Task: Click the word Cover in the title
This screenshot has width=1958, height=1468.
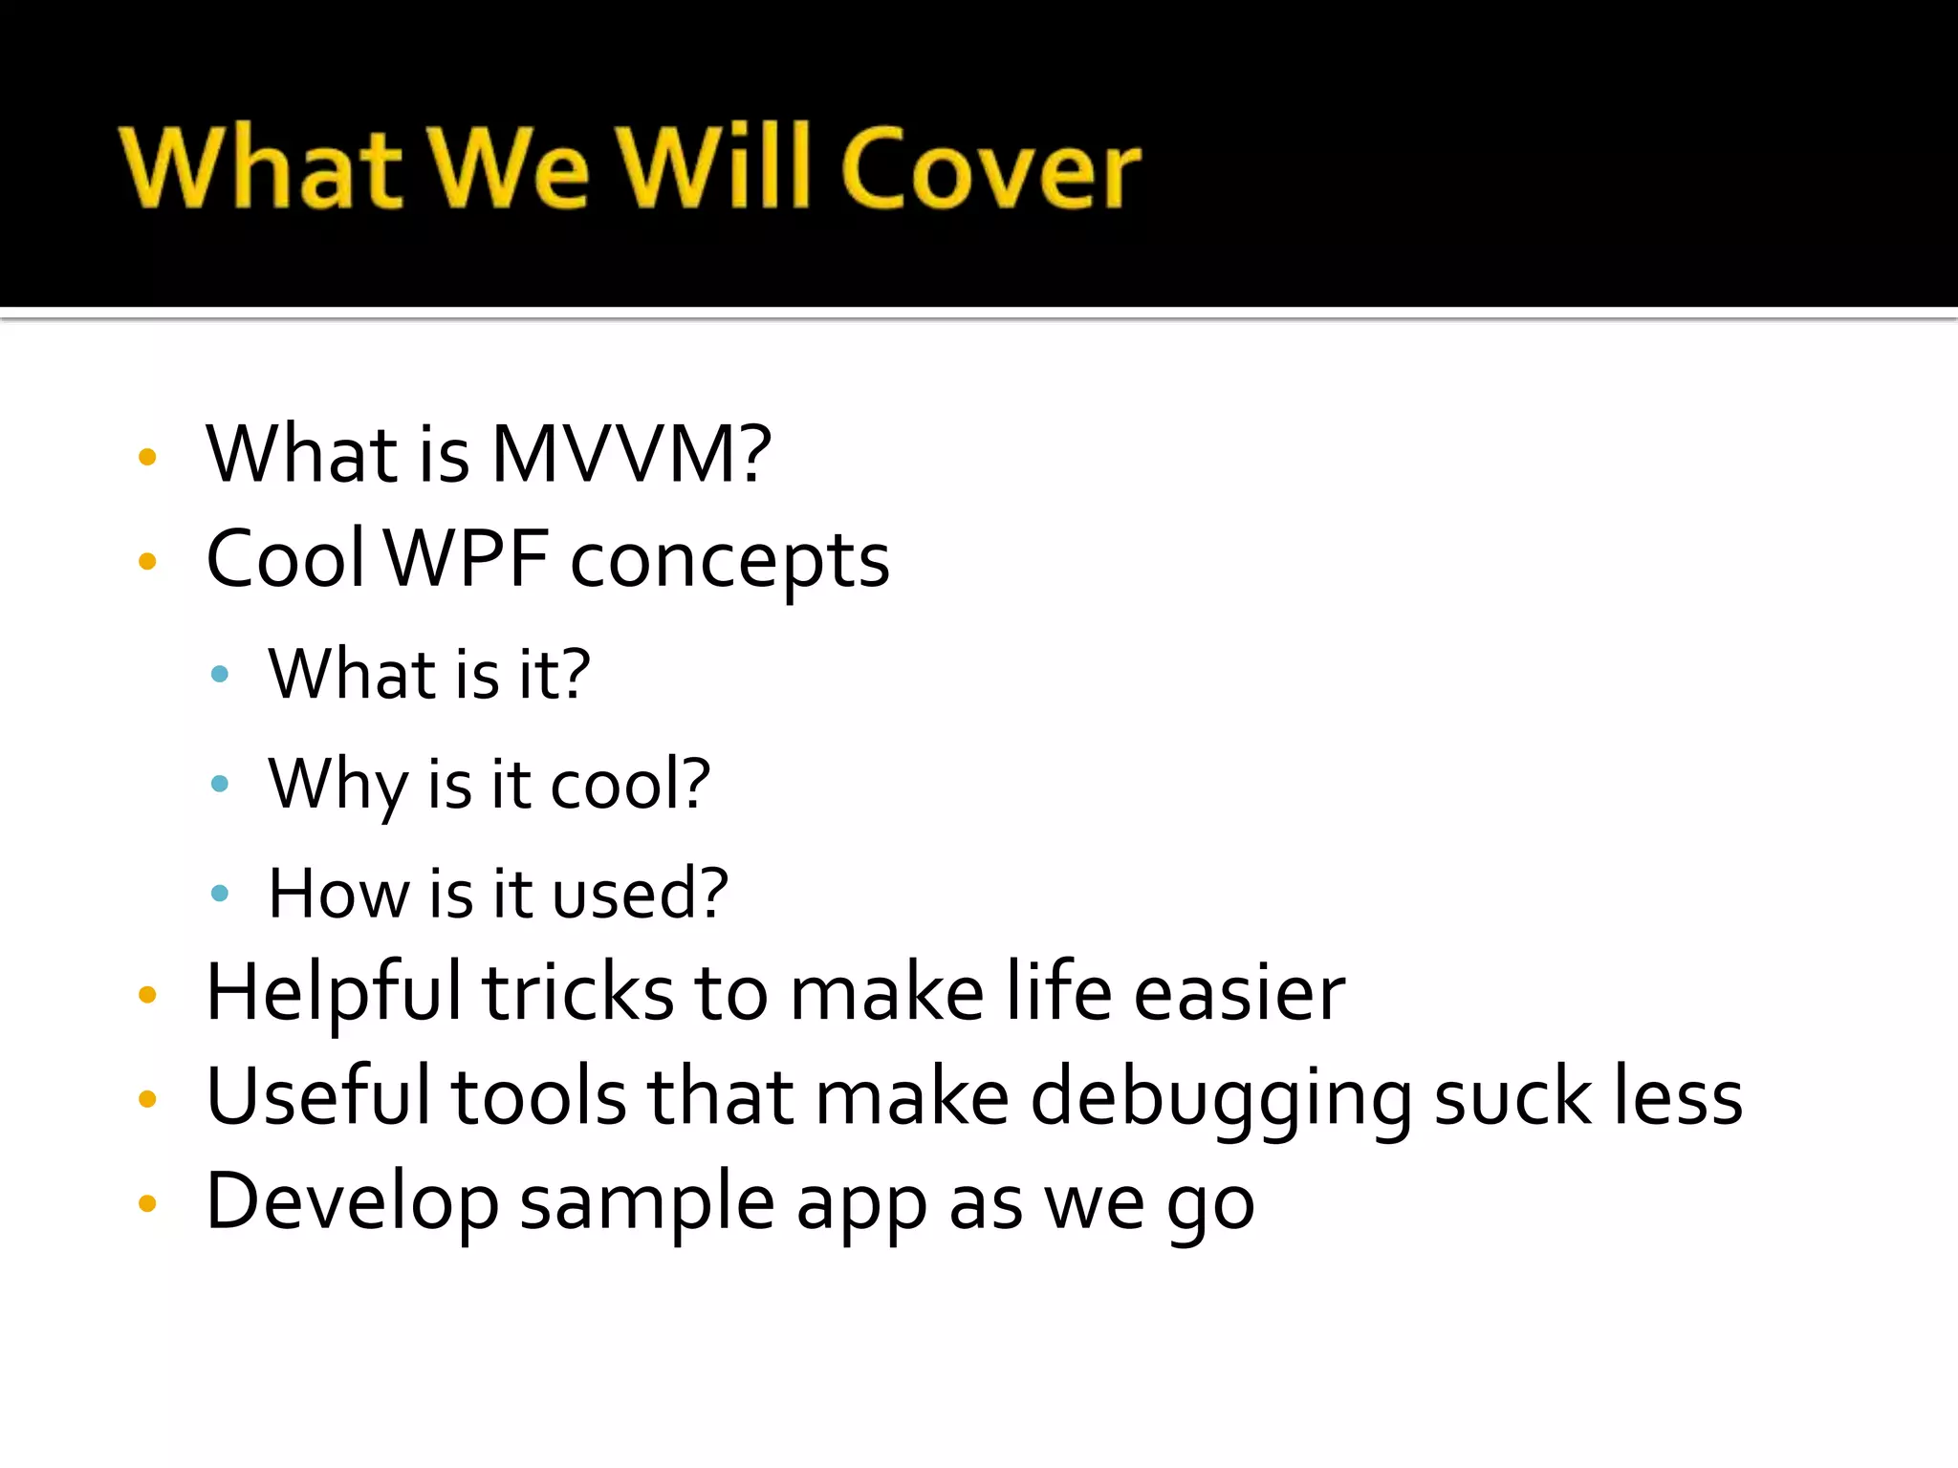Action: point(991,168)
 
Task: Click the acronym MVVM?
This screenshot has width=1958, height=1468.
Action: point(631,454)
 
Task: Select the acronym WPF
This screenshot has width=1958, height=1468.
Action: point(467,559)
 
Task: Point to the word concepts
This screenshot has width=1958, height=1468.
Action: point(729,562)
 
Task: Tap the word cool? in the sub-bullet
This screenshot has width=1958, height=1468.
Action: point(630,784)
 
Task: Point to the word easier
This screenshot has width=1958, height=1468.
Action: point(1239,994)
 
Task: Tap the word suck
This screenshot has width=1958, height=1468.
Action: point(1513,1099)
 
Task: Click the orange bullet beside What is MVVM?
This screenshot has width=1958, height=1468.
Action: point(147,457)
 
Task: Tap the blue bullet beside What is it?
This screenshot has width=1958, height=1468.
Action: point(220,675)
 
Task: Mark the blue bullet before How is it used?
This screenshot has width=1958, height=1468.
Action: point(220,894)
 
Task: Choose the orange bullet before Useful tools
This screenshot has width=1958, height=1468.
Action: point(147,1099)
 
